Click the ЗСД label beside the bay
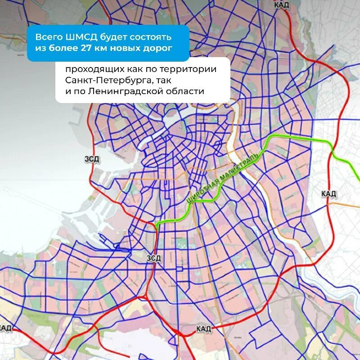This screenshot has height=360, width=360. [x=92, y=158]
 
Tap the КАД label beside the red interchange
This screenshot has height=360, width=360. [x=203, y=329]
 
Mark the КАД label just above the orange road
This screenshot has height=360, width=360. [x=328, y=193]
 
